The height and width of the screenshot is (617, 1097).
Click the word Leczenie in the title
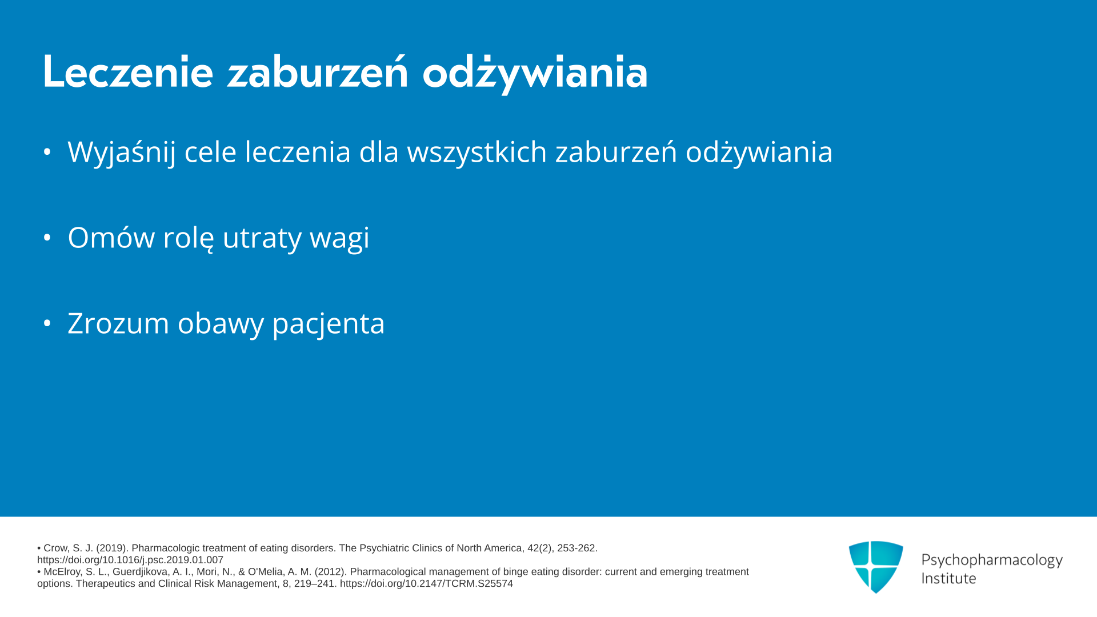(x=128, y=71)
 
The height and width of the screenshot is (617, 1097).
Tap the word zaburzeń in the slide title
(x=318, y=71)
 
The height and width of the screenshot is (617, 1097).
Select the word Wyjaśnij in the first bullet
(x=121, y=153)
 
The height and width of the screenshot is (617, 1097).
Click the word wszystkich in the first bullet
(x=477, y=151)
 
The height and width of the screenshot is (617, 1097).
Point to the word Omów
(x=111, y=237)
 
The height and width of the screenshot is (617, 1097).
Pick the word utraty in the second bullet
(x=262, y=238)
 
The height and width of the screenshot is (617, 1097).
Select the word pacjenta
(x=329, y=324)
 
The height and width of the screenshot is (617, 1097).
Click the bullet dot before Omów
(x=47, y=237)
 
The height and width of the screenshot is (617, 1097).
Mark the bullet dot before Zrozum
(x=47, y=323)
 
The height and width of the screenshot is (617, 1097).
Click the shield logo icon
(x=876, y=567)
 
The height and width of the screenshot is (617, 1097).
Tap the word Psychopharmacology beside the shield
(x=992, y=560)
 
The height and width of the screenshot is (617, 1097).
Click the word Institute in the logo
(x=948, y=578)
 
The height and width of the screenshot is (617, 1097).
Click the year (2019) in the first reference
(x=111, y=548)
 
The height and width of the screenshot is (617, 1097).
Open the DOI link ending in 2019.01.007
(x=130, y=560)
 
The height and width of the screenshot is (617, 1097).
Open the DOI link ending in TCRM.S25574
(x=426, y=584)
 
